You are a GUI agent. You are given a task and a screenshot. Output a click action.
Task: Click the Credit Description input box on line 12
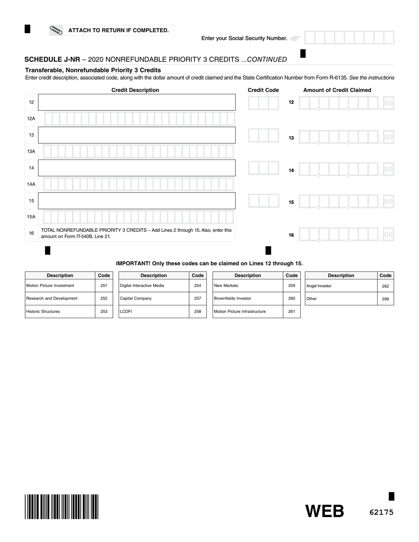pos(137,102)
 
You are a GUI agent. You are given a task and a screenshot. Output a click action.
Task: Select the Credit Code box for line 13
pos(263,135)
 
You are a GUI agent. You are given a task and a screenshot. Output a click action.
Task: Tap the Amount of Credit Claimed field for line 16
pos(346,235)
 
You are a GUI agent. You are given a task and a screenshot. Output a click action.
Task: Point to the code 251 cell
pos(104,286)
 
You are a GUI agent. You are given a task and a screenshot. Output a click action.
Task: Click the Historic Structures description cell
pos(60,312)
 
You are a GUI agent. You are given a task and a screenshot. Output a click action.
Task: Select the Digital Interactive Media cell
pos(153,286)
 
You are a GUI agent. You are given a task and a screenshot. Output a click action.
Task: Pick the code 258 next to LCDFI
pos(198,312)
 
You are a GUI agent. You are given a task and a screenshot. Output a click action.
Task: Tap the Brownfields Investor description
pos(247,298)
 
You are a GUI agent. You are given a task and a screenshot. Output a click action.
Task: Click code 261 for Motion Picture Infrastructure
pos(292,312)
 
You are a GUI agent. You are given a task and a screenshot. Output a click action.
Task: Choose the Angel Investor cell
pos(341,286)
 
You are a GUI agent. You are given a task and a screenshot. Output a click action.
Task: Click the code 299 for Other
pos(385,299)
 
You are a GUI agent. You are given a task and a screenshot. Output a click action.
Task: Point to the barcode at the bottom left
pos(62,507)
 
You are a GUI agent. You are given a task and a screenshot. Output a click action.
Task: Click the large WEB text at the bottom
pos(325,511)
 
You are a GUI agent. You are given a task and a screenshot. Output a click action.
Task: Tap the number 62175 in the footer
pos(381,512)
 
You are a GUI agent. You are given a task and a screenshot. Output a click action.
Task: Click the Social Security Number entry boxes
pos(349,38)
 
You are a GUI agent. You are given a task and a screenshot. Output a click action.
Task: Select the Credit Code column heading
pos(263,90)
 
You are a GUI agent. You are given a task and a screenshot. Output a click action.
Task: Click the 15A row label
pos(31,217)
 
